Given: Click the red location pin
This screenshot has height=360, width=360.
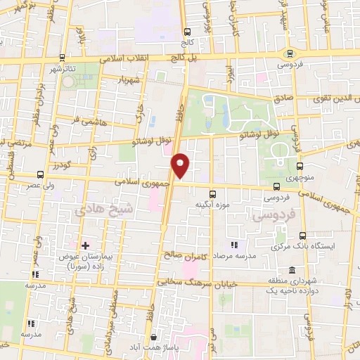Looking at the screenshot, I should click(181, 165).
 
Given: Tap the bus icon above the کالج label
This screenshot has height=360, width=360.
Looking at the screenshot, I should click(187, 32).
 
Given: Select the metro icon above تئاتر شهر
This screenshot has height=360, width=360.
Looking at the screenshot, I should click(63, 58).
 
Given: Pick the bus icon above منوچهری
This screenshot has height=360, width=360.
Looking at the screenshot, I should click(300, 167).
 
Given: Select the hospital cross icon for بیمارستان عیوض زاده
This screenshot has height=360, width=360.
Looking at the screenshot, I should click(85, 245).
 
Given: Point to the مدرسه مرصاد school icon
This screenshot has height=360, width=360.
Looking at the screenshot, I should click(234, 245).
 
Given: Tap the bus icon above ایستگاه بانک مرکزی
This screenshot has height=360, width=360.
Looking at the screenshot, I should click(302, 236).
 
